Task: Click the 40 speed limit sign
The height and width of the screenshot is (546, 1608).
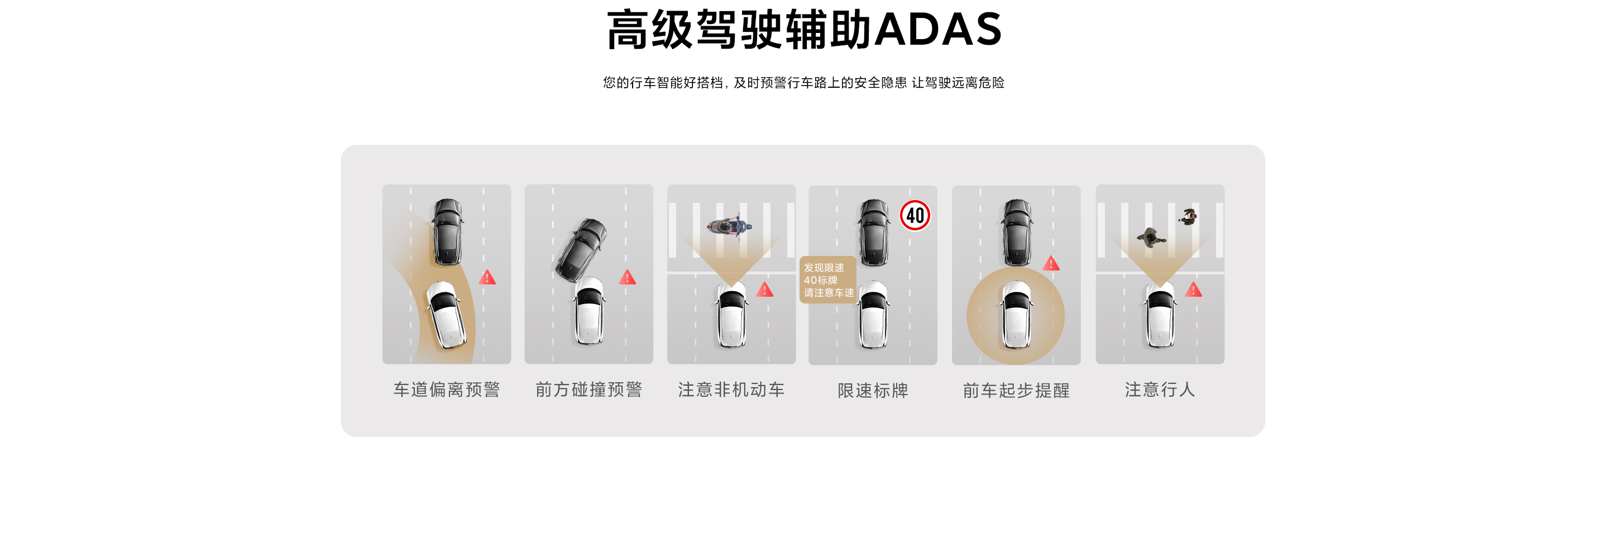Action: (x=915, y=215)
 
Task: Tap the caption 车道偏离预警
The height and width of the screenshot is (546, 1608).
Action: (x=446, y=390)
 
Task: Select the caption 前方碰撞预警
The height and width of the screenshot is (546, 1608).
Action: (x=588, y=390)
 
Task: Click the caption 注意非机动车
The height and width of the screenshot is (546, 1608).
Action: (x=731, y=390)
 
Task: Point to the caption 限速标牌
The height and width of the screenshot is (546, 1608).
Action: (x=873, y=391)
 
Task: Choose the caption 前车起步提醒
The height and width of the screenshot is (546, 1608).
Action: (x=1016, y=391)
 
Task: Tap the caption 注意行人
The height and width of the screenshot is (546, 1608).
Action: (x=1160, y=390)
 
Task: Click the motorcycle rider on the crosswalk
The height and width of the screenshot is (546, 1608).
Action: (x=729, y=227)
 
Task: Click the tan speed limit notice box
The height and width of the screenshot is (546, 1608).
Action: (x=827, y=280)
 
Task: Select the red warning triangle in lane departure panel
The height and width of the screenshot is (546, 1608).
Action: (x=487, y=277)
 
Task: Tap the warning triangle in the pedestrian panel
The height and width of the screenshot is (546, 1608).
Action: (x=1194, y=290)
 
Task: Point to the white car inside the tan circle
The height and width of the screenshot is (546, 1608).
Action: (x=1016, y=314)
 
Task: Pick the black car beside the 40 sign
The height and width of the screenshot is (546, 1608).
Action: (x=874, y=232)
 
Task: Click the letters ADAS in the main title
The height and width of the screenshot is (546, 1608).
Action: (x=939, y=30)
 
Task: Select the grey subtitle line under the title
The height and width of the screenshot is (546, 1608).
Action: (x=803, y=83)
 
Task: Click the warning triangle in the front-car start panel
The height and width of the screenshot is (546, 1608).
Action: (x=1051, y=264)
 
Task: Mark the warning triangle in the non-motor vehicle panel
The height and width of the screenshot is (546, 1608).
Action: (x=765, y=290)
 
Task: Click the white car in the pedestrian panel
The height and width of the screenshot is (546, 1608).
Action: (x=1160, y=314)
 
